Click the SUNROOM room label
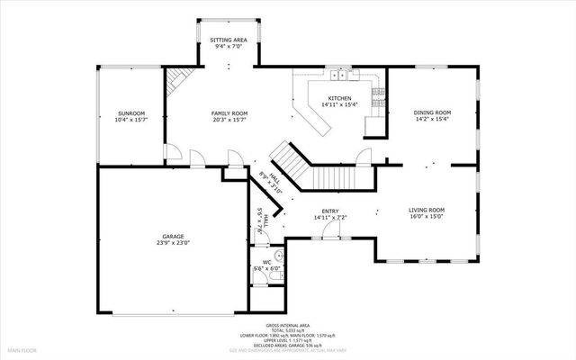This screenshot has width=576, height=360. point(130,112)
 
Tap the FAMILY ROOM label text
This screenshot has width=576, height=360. point(229,112)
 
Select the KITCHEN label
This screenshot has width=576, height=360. point(339,98)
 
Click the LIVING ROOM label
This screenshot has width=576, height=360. point(427,210)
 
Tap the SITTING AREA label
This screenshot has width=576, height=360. point(229,40)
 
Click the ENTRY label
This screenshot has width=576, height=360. point(331,211)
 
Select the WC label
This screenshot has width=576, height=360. point(266,262)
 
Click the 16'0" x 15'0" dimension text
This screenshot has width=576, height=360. point(427,217)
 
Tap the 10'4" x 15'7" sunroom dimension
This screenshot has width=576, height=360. point(130,120)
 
